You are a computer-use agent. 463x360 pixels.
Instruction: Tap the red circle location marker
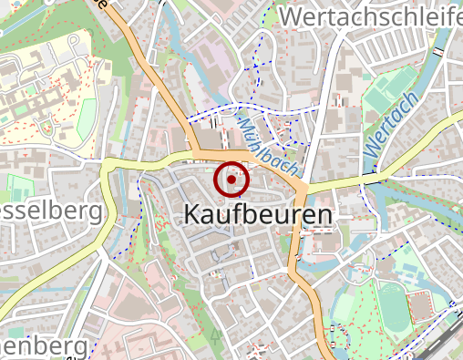231,180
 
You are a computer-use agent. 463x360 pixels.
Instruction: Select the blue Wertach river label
391,123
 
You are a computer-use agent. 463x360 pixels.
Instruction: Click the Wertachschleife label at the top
370,17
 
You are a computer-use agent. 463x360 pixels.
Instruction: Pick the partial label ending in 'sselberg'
50,212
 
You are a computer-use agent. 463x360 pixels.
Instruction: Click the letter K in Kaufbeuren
192,214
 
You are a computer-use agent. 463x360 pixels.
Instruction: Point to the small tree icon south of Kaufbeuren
216,334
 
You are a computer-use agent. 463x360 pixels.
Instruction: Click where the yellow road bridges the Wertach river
376,173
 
